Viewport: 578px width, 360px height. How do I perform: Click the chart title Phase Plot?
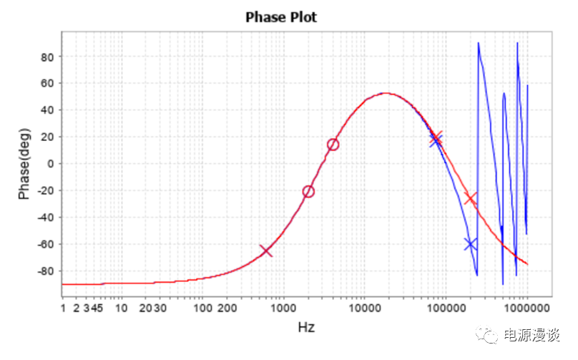pyautogui.click(x=281, y=17)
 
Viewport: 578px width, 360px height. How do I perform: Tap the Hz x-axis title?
pyautogui.click(x=306, y=327)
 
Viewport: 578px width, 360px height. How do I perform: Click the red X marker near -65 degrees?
pyautogui.click(x=266, y=250)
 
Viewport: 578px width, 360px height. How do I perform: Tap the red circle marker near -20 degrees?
pyautogui.click(x=308, y=191)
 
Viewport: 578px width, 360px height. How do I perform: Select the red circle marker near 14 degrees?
pyautogui.click(x=333, y=145)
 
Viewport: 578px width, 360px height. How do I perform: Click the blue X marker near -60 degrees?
pyautogui.click(x=470, y=244)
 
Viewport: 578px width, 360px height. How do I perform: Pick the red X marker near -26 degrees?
pyautogui.click(x=470, y=198)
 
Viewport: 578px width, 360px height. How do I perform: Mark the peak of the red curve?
pyautogui.click(x=386, y=93)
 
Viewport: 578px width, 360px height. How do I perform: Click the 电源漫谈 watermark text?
pyautogui.click(x=532, y=336)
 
